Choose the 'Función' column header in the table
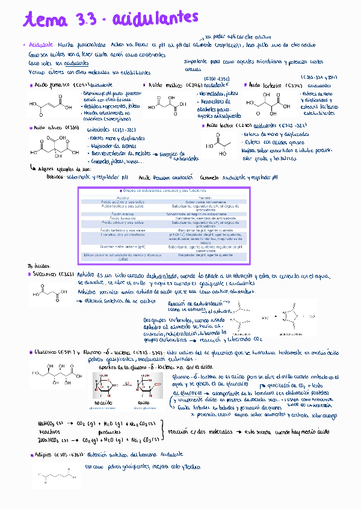204,197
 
